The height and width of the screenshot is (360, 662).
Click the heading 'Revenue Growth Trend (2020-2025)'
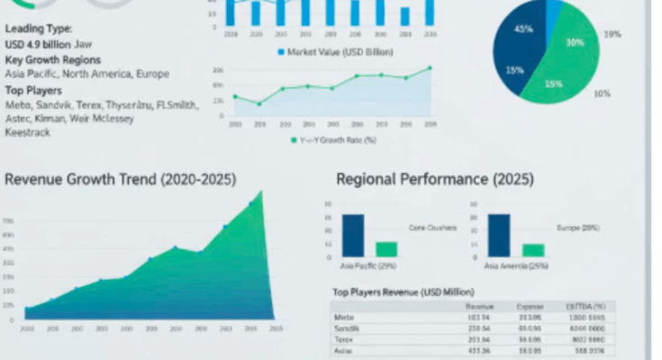(x=120, y=179)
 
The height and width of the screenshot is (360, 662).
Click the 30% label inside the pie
(x=575, y=42)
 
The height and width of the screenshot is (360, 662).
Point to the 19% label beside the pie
(x=612, y=34)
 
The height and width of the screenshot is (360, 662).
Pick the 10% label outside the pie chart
(x=602, y=94)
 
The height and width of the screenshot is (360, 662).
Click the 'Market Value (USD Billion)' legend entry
(x=335, y=51)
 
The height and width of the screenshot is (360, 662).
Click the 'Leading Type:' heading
(x=39, y=29)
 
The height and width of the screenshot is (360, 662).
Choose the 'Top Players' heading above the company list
(x=33, y=90)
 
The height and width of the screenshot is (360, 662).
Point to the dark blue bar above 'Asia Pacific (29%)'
(x=352, y=236)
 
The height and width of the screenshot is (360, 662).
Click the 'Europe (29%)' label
(x=578, y=228)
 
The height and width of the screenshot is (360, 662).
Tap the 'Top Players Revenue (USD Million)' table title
(x=404, y=292)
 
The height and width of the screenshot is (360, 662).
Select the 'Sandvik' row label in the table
(x=346, y=329)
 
